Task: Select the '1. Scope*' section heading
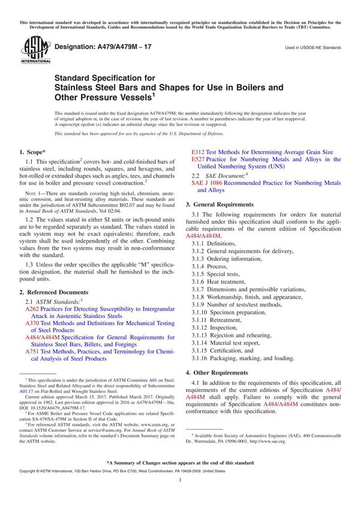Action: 37,152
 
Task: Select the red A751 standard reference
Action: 32,352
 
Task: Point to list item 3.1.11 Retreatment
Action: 217,320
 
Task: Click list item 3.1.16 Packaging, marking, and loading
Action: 242,359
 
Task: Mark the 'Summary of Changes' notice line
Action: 180,463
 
